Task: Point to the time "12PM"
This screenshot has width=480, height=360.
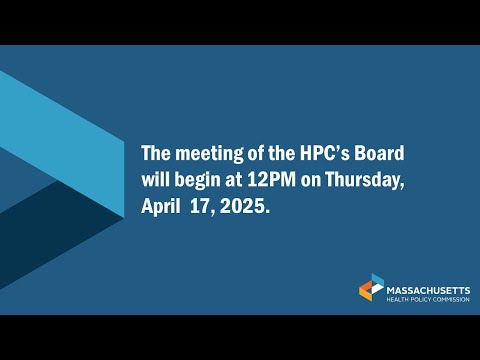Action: (x=271, y=180)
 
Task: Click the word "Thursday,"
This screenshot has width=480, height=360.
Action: (x=365, y=180)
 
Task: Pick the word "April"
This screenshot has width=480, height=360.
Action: (x=161, y=207)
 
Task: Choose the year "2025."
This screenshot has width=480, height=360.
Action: (x=245, y=207)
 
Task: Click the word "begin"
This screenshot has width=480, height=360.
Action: (x=197, y=181)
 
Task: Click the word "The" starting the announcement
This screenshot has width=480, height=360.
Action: (x=156, y=153)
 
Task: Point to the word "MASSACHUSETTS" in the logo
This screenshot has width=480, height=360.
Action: (x=428, y=290)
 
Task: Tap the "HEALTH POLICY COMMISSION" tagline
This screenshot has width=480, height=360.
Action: (x=428, y=300)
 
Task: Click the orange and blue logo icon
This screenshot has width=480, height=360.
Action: (x=371, y=287)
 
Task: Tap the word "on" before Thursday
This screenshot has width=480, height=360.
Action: (x=311, y=181)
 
